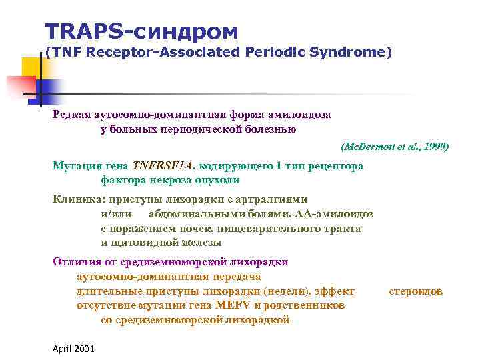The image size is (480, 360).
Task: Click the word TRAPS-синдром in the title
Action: [x=141, y=31]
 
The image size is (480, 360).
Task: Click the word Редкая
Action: [x=71, y=115]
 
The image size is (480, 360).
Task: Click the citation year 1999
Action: [x=434, y=145]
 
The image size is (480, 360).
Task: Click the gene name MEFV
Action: [x=231, y=305]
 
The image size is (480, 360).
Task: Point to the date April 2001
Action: [x=73, y=349]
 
